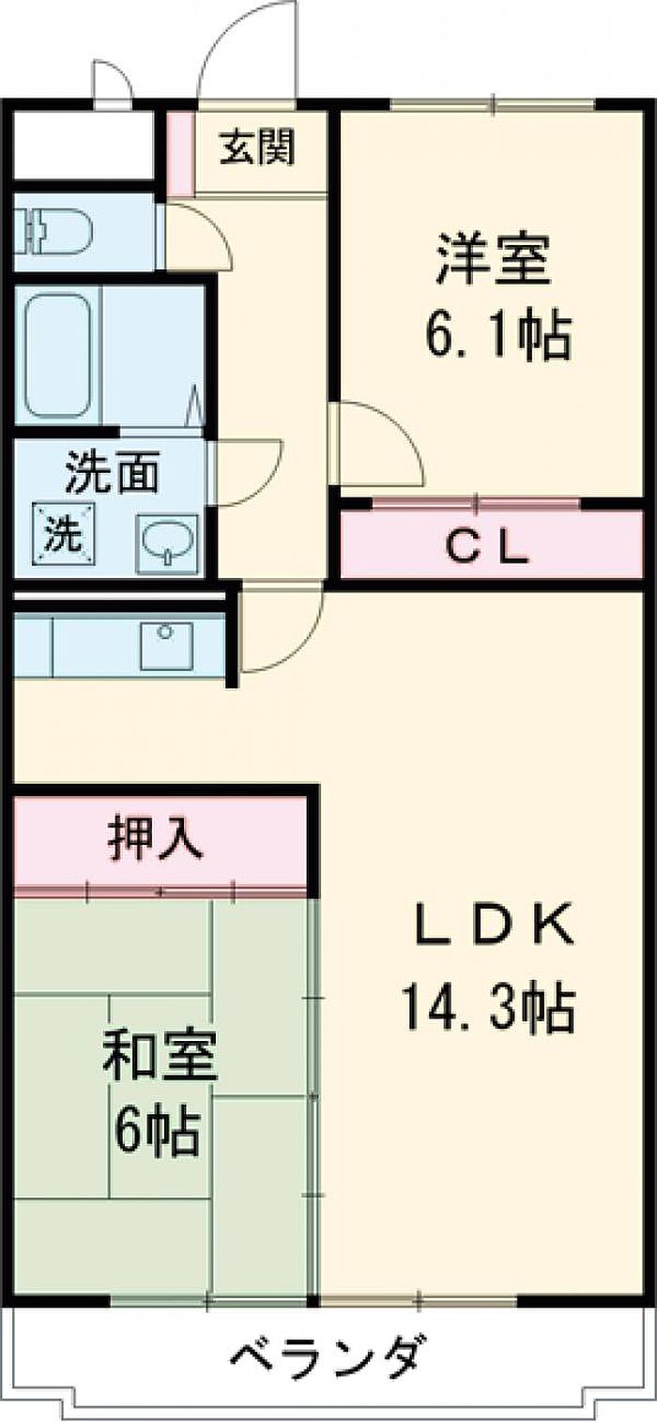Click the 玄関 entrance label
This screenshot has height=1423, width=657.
coord(257,147)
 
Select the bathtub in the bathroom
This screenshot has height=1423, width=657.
coord(58,356)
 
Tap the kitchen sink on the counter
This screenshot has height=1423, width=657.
coord(167,644)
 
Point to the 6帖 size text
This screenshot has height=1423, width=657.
coord(157,1132)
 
